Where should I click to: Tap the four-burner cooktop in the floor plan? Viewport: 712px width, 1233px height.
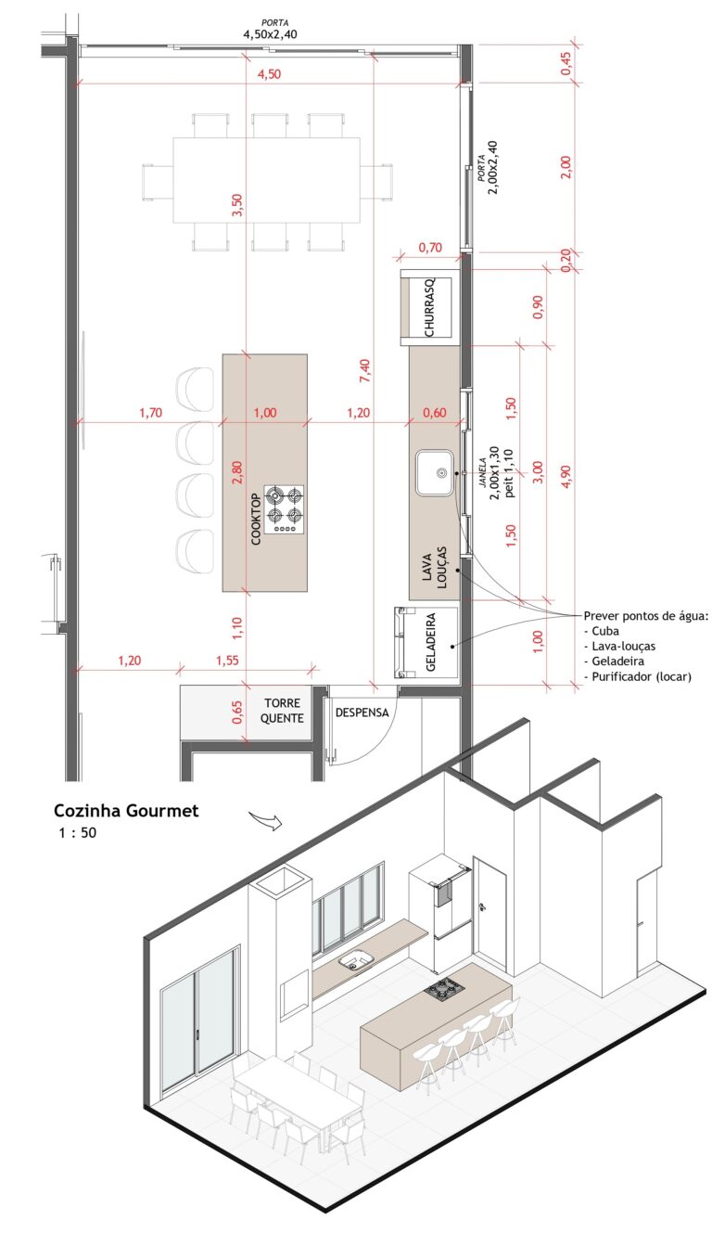point(284,509)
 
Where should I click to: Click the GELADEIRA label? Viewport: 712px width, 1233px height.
point(431,642)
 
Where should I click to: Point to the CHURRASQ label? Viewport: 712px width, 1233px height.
point(429,308)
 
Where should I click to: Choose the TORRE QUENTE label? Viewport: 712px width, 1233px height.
point(282,711)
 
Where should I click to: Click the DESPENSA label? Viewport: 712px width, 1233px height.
point(362,713)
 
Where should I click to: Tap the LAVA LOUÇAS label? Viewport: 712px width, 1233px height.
point(434,568)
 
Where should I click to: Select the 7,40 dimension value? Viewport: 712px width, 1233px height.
point(364,370)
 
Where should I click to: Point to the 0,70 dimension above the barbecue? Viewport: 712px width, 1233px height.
point(430,248)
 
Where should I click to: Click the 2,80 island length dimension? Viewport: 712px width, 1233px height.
point(236,471)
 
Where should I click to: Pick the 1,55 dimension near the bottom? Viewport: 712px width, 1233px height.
point(227,660)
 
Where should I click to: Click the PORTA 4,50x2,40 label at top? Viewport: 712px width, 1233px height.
point(271,30)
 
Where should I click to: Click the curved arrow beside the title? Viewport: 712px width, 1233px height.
point(265,820)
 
